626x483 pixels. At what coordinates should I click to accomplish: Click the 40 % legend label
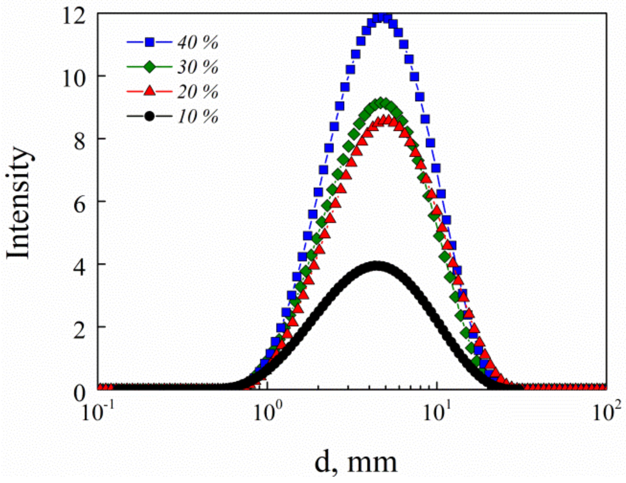click(197, 43)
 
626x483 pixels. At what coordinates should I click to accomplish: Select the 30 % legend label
click(197, 67)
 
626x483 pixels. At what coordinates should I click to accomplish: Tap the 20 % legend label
click(197, 92)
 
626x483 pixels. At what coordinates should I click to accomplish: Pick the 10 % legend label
click(197, 117)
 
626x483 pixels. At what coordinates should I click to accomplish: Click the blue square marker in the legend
click(150, 42)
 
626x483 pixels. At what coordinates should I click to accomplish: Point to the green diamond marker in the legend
click(150, 67)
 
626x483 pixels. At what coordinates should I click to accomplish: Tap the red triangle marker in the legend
click(150, 91)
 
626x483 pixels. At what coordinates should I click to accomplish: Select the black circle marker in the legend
click(150, 116)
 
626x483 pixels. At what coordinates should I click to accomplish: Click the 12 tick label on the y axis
click(74, 16)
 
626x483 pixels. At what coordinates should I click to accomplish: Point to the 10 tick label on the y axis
click(74, 79)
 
